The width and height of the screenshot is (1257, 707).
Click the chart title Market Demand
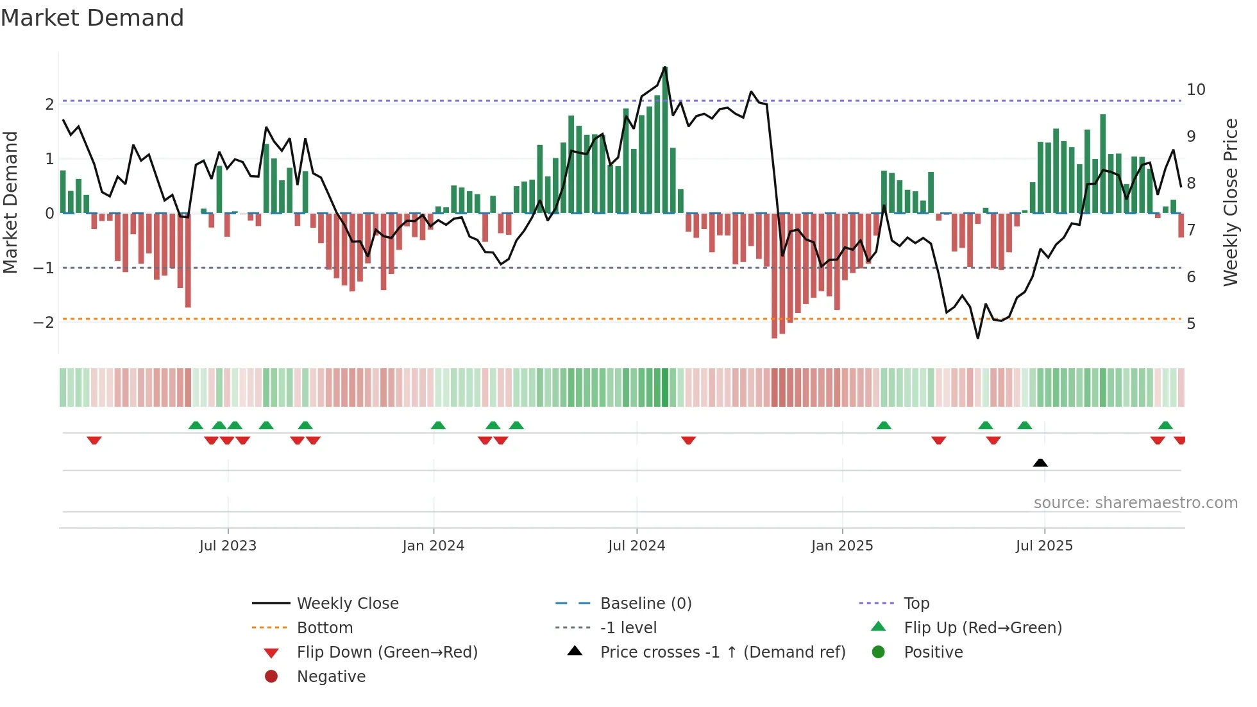point(92,18)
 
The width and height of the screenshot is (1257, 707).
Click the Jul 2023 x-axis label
point(228,546)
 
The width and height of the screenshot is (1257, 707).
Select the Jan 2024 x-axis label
point(434,546)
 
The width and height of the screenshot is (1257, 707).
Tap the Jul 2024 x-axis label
point(637,546)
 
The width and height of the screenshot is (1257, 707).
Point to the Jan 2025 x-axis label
point(842,546)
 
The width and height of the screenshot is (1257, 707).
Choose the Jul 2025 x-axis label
point(1044,546)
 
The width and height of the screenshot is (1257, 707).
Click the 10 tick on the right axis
point(1196,90)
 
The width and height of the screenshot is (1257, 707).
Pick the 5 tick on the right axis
point(1191,324)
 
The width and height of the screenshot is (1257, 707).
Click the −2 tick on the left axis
point(44,322)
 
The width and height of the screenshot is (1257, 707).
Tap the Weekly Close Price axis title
point(1230,202)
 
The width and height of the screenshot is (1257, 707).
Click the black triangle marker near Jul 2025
point(1040,463)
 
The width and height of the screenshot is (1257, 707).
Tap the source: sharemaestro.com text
point(1135,503)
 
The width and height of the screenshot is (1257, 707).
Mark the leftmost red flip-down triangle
point(94,440)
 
